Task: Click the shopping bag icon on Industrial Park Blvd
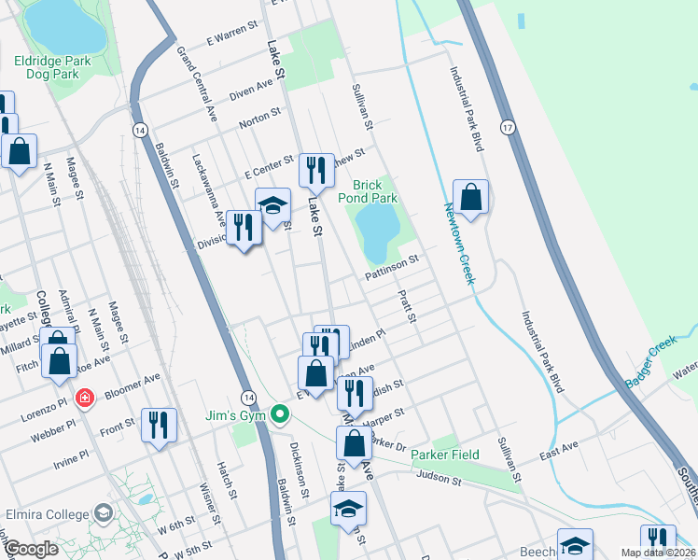[x=470, y=197]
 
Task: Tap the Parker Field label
[x=446, y=455]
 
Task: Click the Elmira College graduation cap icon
[x=102, y=513]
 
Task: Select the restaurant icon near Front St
[x=157, y=426]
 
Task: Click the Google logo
[x=30, y=549]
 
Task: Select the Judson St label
[x=440, y=479]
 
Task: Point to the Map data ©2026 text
[x=658, y=553]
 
